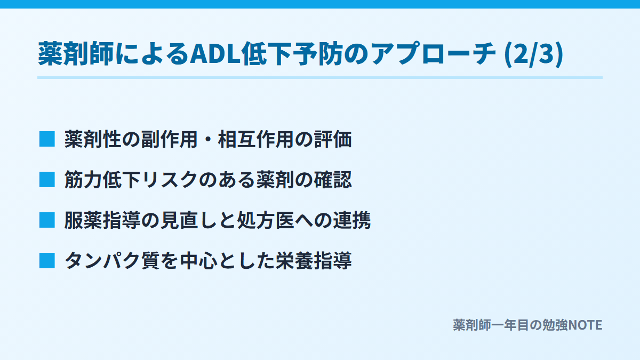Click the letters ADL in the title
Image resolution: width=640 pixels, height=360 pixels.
(215, 54)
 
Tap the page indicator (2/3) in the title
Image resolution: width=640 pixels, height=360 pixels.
(534, 54)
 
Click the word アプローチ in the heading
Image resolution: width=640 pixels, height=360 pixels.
(433, 54)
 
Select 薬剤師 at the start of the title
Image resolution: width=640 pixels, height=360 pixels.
(76, 54)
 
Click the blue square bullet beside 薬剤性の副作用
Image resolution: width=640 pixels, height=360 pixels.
(47, 139)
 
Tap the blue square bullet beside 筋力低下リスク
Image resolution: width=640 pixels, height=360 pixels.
(47, 180)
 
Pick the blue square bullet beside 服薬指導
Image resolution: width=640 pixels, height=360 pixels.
(47, 220)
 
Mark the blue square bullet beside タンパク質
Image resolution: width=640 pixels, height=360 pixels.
(47, 261)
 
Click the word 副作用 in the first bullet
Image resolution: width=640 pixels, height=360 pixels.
(169, 139)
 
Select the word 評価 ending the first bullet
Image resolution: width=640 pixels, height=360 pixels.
(333, 139)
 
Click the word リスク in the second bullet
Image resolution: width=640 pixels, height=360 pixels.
(170, 180)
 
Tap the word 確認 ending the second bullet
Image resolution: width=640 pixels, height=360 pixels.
(333, 180)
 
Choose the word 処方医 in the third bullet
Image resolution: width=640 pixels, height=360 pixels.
(266, 220)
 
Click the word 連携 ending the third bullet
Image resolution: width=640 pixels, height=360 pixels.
(352, 220)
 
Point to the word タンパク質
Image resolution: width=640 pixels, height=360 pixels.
(111, 261)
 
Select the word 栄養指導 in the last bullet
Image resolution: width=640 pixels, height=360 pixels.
(314, 261)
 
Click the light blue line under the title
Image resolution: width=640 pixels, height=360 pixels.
(319, 77)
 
